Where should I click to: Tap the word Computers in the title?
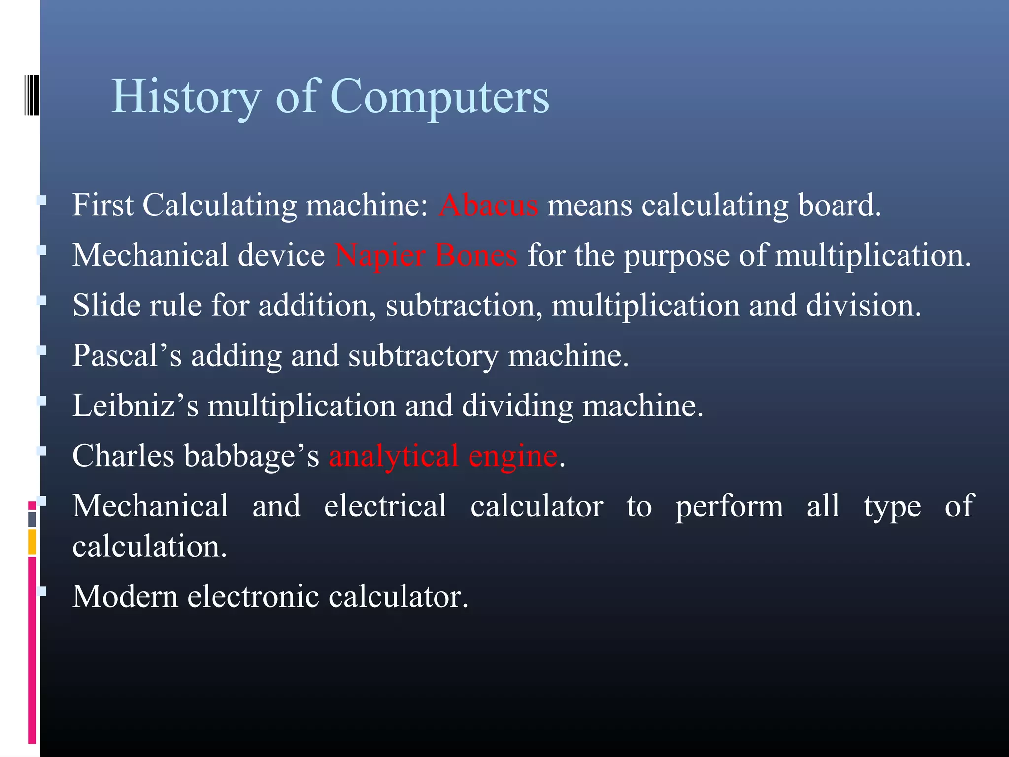pyautogui.click(x=439, y=97)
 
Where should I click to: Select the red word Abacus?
pyautogui.click(x=488, y=205)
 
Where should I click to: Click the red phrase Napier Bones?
pyautogui.click(x=426, y=256)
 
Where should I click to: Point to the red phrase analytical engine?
pyautogui.click(x=443, y=456)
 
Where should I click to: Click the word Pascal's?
pyautogui.click(x=127, y=355)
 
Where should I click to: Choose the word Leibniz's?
pyautogui.click(x=135, y=406)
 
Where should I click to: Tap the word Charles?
pyautogui.click(x=123, y=456)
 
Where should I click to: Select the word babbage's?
pyautogui.click(x=251, y=456)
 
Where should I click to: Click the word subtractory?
pyautogui.click(x=423, y=355)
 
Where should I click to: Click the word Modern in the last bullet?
pyautogui.click(x=125, y=596)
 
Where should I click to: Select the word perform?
pyautogui.click(x=729, y=507)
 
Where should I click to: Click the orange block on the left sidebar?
pyautogui.click(x=32, y=542)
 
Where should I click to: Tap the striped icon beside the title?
pyautogui.click(x=32, y=95)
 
